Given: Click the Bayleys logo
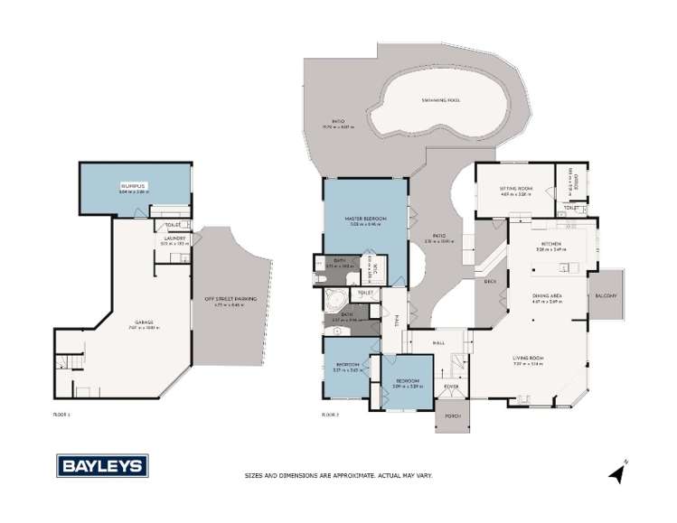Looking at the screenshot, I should coord(103,466).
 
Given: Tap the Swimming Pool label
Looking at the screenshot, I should coord(441,100).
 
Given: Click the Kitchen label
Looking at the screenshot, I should coord(551,244).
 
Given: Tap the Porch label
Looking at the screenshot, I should coord(449,416).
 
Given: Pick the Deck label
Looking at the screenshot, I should coord(491,282).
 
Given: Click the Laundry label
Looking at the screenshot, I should coord(174,238).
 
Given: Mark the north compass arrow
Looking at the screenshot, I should coord(616,472).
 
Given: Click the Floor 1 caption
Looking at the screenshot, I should coord(61,414).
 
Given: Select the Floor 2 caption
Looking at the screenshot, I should coord(330,414).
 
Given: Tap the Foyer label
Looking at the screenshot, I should coord(451,387).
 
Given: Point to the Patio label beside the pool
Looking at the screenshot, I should coord(337,121).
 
